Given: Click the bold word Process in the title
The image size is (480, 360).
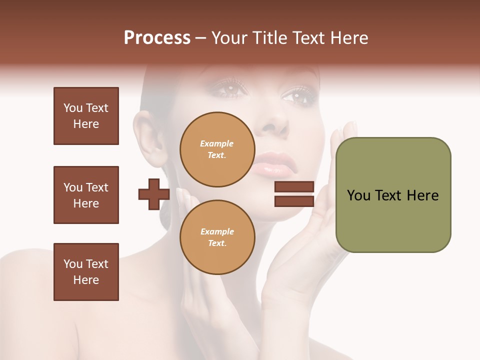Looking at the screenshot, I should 157,38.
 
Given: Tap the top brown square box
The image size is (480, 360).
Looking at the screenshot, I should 86,116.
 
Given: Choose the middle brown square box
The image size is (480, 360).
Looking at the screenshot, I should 86,195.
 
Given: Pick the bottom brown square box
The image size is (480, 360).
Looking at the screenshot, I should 86,272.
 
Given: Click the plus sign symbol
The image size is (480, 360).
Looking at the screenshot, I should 154,194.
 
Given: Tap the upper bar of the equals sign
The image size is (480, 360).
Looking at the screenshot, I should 294,187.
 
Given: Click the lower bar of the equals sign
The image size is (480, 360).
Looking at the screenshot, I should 294,201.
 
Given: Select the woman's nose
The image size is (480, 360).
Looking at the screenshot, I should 274,125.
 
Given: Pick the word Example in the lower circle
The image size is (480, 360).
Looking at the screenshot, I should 217,231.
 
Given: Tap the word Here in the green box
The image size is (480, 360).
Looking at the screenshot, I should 422,195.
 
